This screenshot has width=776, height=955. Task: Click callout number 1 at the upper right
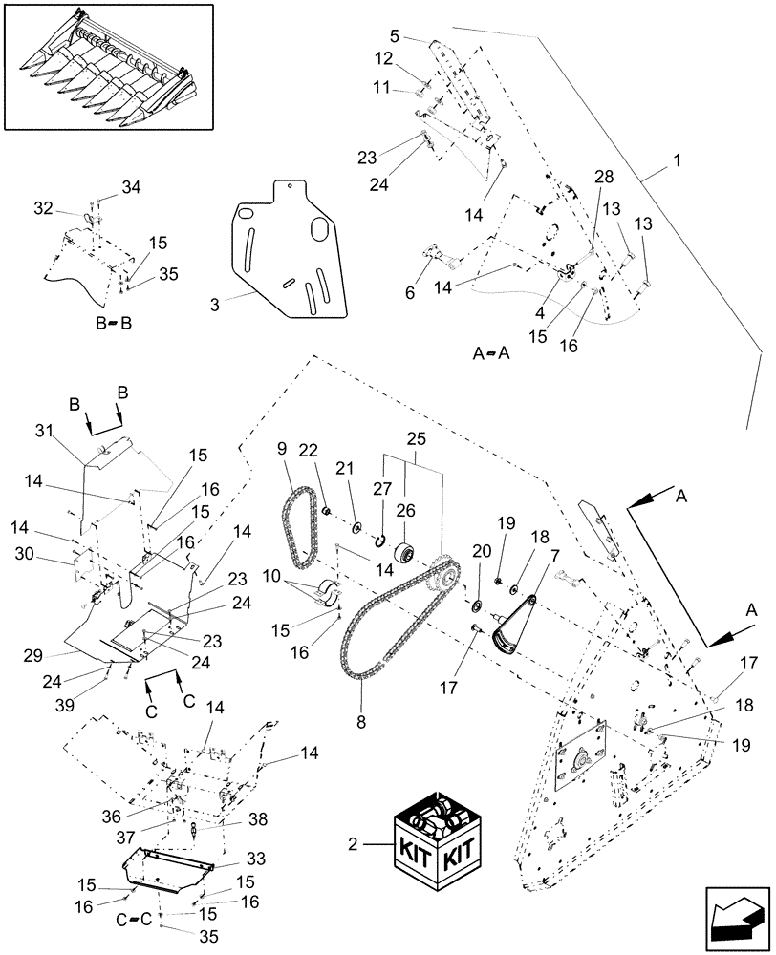click(677, 162)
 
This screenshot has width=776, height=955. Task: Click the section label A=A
click(492, 352)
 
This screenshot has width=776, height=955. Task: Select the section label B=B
click(113, 324)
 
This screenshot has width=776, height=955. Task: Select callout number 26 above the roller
click(406, 511)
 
